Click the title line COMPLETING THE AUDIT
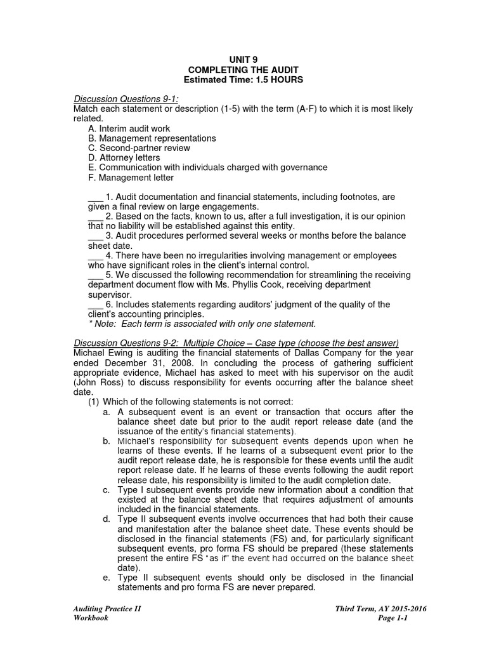click(x=243, y=70)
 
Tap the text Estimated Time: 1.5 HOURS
click(x=243, y=80)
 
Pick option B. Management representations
click(x=152, y=138)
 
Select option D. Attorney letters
click(x=124, y=157)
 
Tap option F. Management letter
click(x=131, y=178)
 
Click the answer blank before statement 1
click(x=95, y=197)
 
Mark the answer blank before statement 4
click(x=95, y=256)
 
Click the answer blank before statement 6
click(x=95, y=304)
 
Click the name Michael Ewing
click(x=101, y=353)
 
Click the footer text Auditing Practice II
click(x=107, y=609)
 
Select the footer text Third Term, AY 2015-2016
click(x=380, y=609)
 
